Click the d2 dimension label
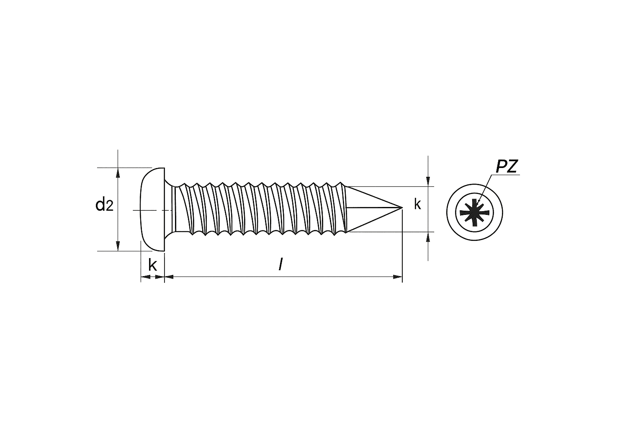[104, 205]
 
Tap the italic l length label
[281, 264]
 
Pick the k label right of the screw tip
[418, 204]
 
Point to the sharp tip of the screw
[402, 207]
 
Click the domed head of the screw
[153, 209]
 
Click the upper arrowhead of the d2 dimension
[118, 173]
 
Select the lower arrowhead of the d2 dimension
[118, 246]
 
